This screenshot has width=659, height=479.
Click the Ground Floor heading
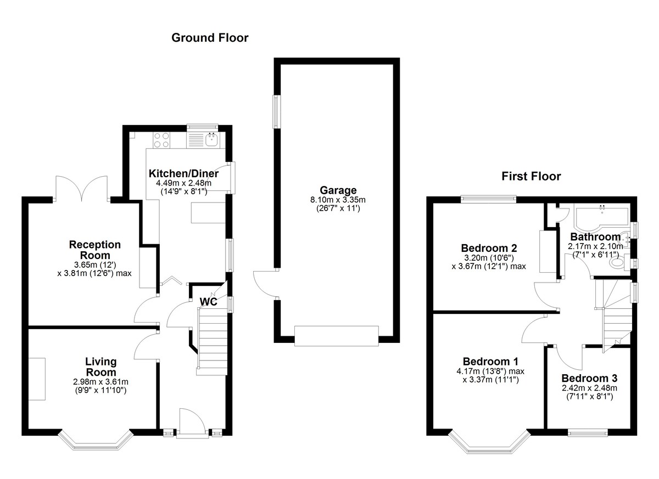pyautogui.click(x=210, y=38)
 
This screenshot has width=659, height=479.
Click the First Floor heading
pyautogui.click(x=531, y=176)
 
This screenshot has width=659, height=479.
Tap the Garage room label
pyautogui.click(x=338, y=190)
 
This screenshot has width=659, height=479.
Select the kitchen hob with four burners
pyautogui.click(x=162, y=140)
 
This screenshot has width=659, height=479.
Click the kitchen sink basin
pyautogui.click(x=212, y=140)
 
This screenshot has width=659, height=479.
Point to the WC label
pyautogui.click(x=208, y=302)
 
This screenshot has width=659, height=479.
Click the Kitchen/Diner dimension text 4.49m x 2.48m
pyautogui.click(x=183, y=183)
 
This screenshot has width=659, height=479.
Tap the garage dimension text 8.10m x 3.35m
pyautogui.click(x=338, y=200)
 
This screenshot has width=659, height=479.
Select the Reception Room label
pyautogui.click(x=94, y=250)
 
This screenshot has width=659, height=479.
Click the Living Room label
pyautogui.click(x=101, y=367)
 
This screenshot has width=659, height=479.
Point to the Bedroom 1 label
pyautogui.click(x=490, y=362)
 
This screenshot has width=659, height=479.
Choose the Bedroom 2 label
pyautogui.click(x=489, y=249)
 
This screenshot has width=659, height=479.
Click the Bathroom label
pyautogui.click(x=595, y=237)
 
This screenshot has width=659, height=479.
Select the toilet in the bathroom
pyautogui.click(x=619, y=262)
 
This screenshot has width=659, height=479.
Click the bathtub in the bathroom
pyautogui.click(x=601, y=219)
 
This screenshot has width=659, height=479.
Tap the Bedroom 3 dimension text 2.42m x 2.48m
pyautogui.click(x=589, y=388)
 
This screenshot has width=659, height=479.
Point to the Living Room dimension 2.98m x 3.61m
pyautogui.click(x=100, y=382)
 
